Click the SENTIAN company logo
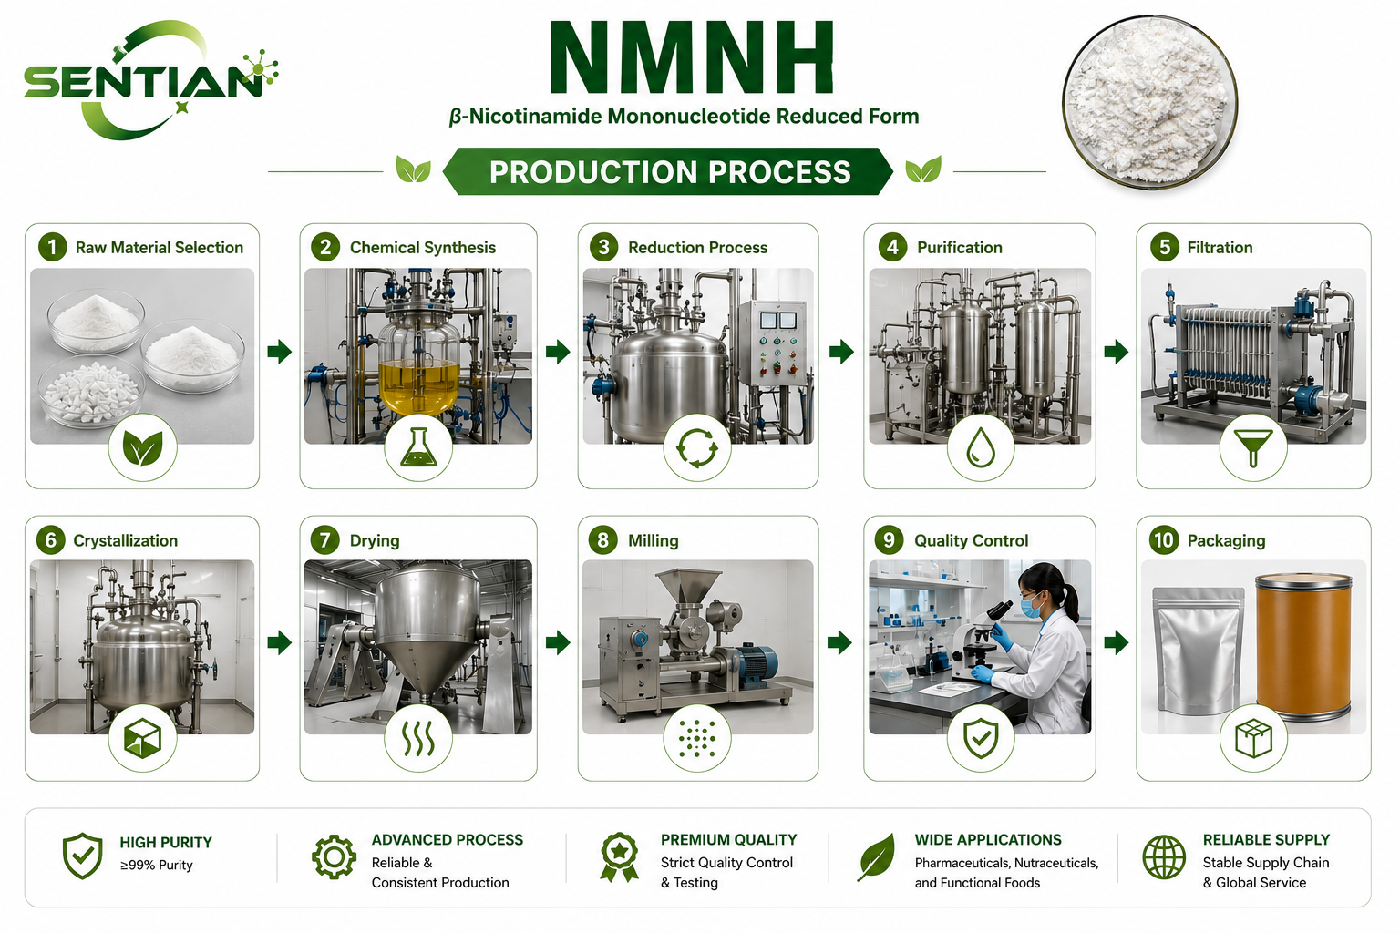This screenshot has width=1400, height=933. pyautogui.click(x=150, y=80)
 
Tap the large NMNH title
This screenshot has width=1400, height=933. pyautogui.click(x=691, y=57)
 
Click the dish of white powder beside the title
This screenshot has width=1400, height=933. pyautogui.click(x=1150, y=101)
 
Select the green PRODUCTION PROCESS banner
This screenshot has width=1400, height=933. pyautogui.click(x=668, y=172)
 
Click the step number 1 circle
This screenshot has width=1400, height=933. pyautogui.click(x=53, y=247)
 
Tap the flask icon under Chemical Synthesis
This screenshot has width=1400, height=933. pyautogui.click(x=418, y=447)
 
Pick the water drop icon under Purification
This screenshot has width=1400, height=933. pyautogui.click(x=981, y=447)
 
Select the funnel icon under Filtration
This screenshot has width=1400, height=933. pyautogui.click(x=1252, y=448)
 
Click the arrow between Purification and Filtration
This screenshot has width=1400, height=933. pyautogui.click(x=1117, y=352)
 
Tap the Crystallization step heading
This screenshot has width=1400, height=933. pyautogui.click(x=126, y=540)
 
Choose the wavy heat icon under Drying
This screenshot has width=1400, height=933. pyautogui.click(x=418, y=739)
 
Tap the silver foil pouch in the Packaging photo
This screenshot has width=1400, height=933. pyautogui.click(x=1198, y=651)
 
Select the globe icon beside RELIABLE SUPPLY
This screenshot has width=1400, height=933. pyautogui.click(x=1164, y=857)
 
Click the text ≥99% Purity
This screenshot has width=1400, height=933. pyautogui.click(x=156, y=866)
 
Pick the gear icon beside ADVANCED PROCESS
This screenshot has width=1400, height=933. pyautogui.click(x=334, y=857)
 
